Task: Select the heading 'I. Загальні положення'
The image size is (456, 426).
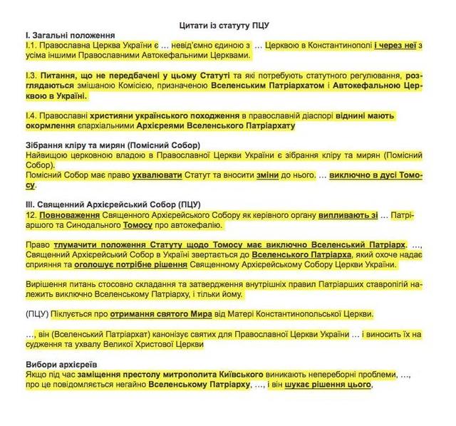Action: [68, 35]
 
